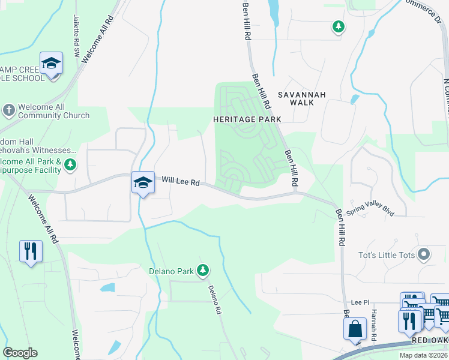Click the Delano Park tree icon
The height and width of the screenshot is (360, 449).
pos(203,271)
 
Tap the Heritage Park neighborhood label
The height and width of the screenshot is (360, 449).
pos(247,119)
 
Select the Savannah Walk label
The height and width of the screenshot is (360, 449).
pos(301,99)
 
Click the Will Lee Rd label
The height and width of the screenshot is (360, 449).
pos(180,180)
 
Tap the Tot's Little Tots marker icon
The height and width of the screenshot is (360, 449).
pos(424,255)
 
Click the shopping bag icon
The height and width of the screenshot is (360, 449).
pos(355,329)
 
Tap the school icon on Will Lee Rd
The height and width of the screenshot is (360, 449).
pos(143,183)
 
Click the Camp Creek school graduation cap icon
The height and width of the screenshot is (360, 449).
pos(52,63)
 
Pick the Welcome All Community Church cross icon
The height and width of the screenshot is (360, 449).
pos(8,110)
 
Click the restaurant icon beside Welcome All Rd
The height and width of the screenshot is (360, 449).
pos(31,250)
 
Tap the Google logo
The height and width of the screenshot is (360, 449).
pos(20,353)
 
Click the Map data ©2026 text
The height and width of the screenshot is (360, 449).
pos(423,355)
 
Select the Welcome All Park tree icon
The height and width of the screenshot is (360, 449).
pos(70,164)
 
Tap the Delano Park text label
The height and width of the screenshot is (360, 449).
pos(171,271)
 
